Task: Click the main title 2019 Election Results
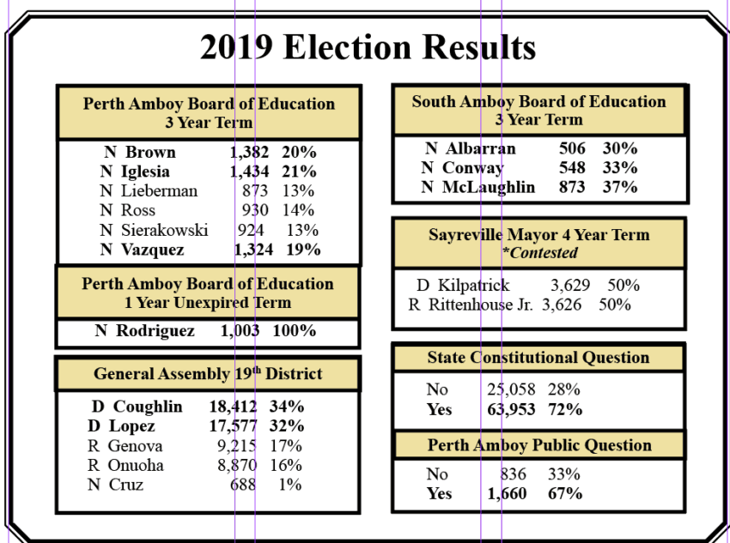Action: click(x=368, y=47)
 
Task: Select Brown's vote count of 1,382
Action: click(x=250, y=152)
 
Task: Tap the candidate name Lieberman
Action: click(x=159, y=190)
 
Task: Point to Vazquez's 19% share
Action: click(x=302, y=250)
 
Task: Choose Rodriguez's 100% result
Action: click(x=295, y=331)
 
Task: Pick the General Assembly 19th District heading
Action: click(x=208, y=374)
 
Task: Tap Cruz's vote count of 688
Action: click(x=243, y=485)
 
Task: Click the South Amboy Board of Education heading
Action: click(x=538, y=101)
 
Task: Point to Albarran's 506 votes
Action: click(x=572, y=148)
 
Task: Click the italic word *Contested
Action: click(x=539, y=252)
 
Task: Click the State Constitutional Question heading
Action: click(x=538, y=357)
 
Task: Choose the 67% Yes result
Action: click(x=565, y=493)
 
